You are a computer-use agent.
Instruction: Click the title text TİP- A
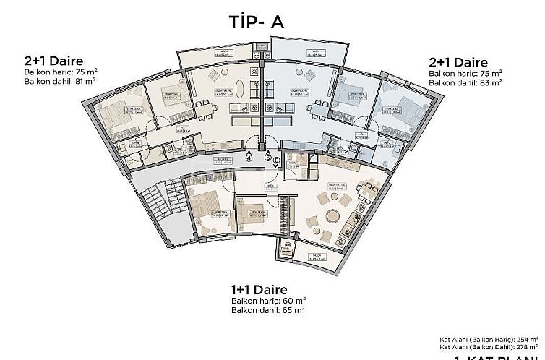point(257,22)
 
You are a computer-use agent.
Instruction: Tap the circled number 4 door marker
point(249,156)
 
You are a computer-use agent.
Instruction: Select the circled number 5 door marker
point(267,157)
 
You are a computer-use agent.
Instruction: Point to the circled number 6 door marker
point(276,161)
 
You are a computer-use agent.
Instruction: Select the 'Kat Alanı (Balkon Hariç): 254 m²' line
point(489,338)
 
